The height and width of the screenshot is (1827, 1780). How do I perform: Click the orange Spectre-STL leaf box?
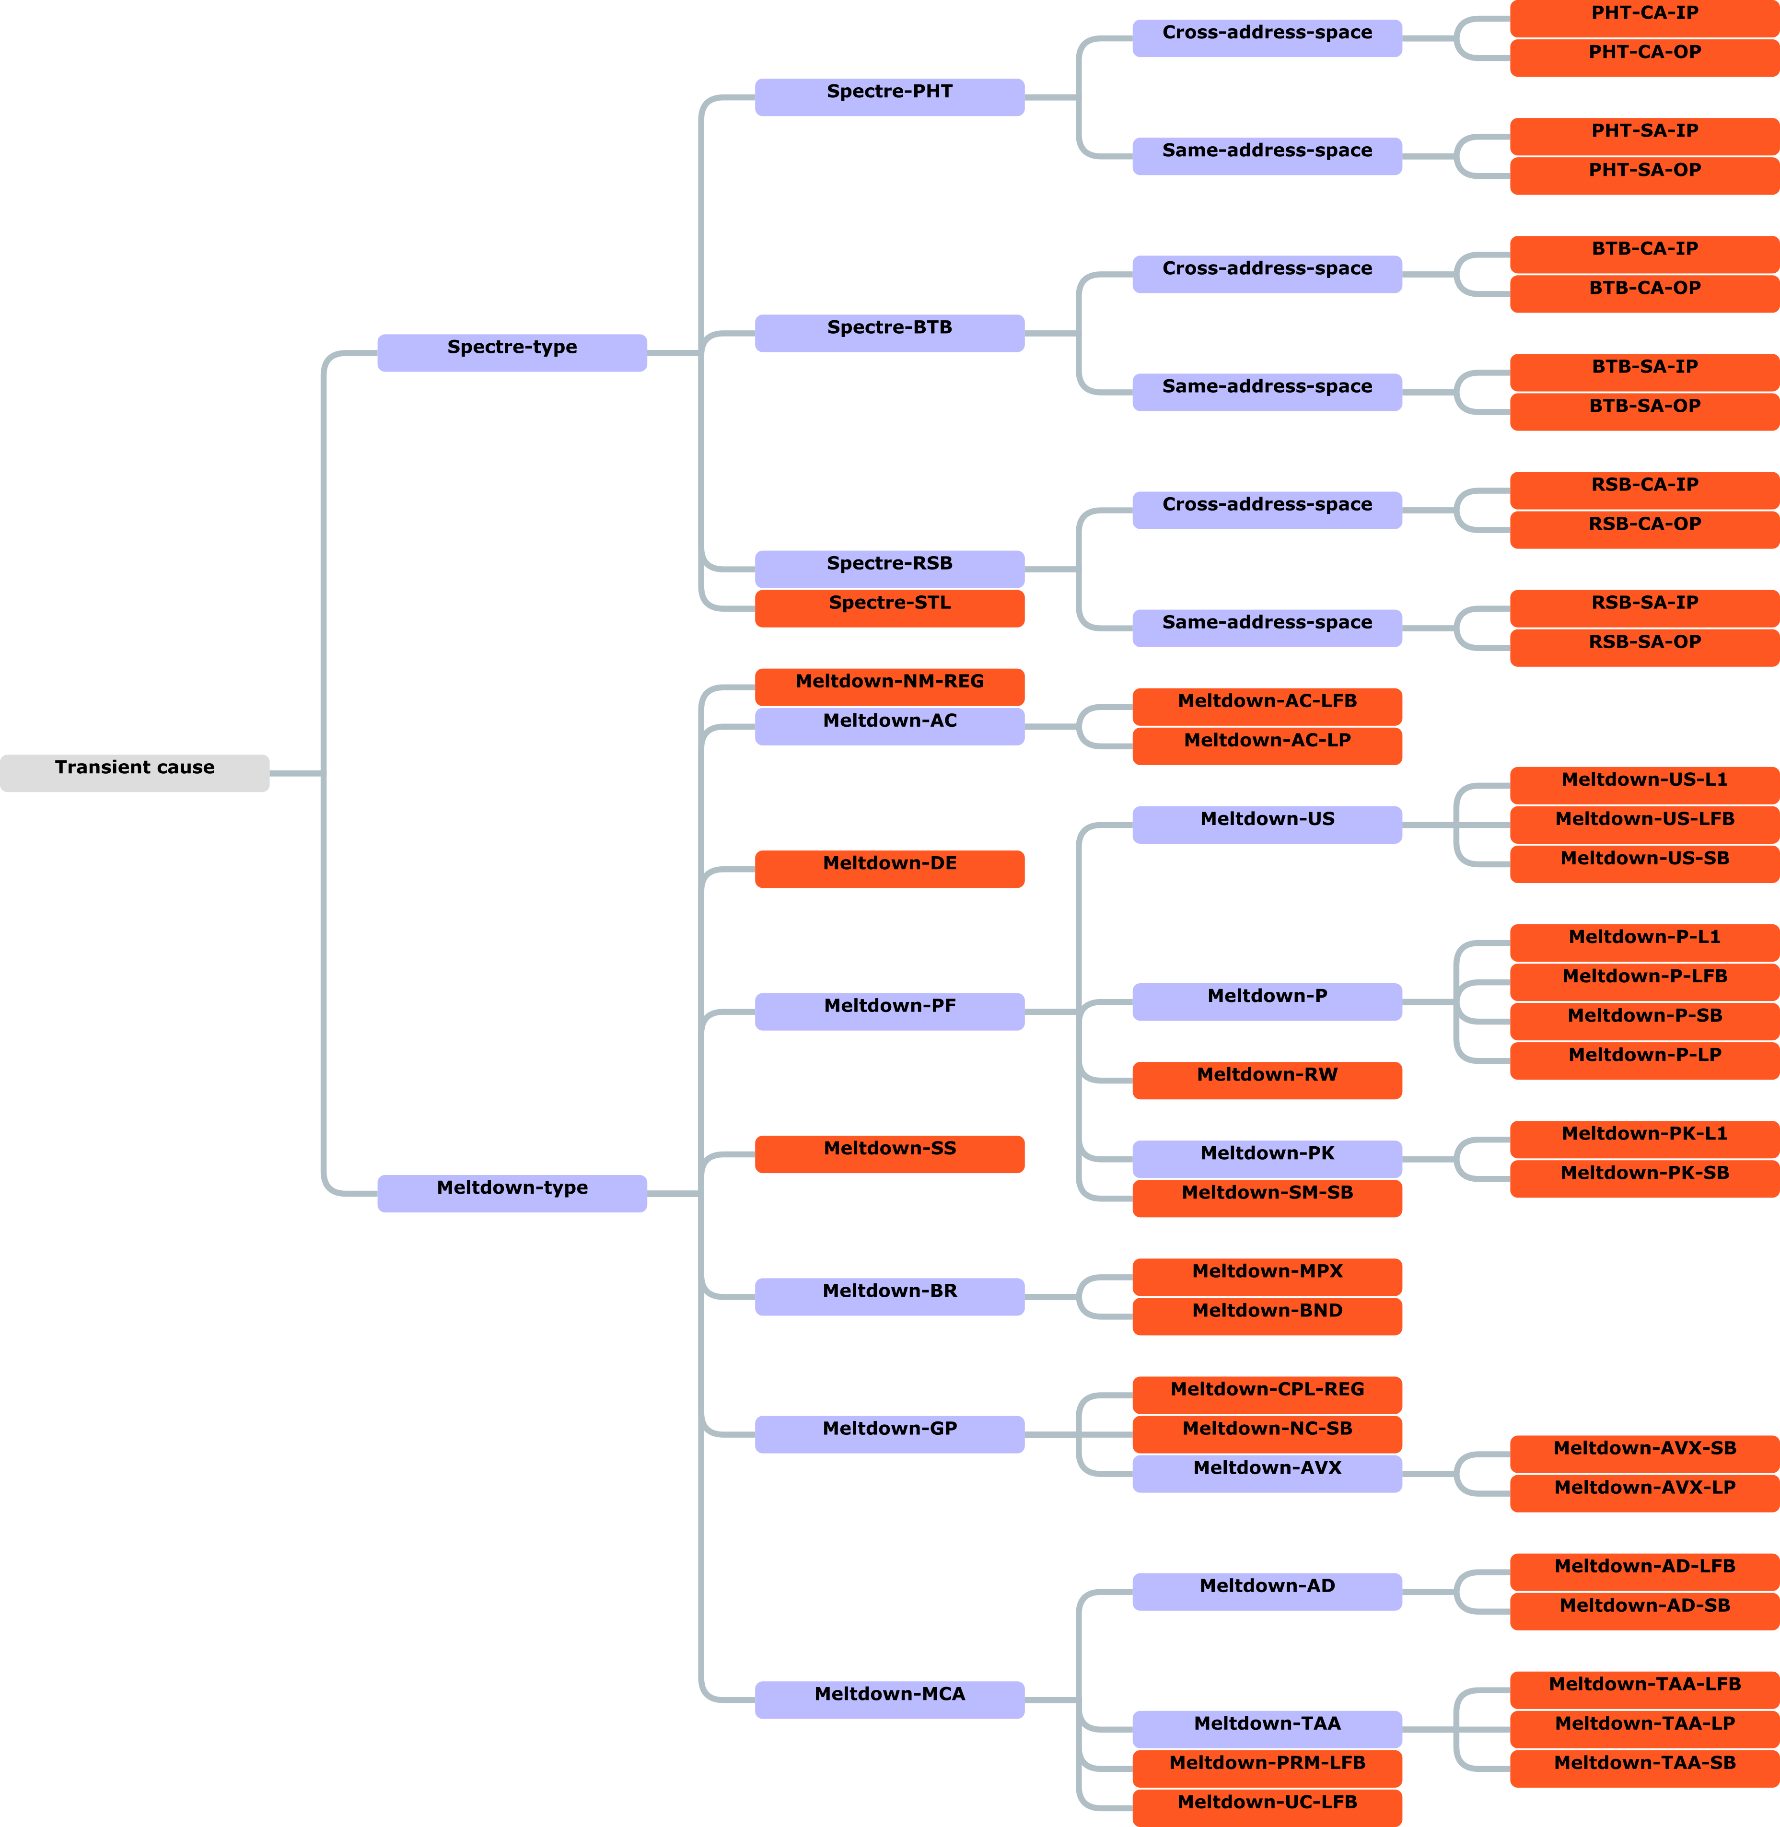pyautogui.click(x=889, y=608)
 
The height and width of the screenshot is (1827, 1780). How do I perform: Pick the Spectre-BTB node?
pyautogui.click(x=889, y=333)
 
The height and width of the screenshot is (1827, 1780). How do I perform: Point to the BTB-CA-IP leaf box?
pyautogui.click(x=1644, y=254)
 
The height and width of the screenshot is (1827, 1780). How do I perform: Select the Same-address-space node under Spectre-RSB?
pyautogui.click(x=1267, y=628)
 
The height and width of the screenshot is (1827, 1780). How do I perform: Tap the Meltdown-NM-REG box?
pyautogui.click(x=889, y=687)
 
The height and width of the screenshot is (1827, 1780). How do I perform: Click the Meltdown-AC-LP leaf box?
pyautogui.click(x=1267, y=745)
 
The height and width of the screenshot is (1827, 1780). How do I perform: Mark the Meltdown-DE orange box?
pyautogui.click(x=889, y=869)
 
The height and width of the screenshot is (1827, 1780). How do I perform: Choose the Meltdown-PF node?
pyautogui.click(x=889, y=1011)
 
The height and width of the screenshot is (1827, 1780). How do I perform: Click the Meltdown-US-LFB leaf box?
pyautogui.click(x=1644, y=824)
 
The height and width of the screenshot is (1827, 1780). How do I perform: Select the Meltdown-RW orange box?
pyautogui.click(x=1267, y=1080)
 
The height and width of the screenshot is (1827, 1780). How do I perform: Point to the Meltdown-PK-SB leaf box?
pyautogui.click(x=1644, y=1178)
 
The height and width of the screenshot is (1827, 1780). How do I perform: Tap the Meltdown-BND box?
pyautogui.click(x=1267, y=1315)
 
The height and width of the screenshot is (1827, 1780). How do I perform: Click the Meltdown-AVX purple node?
pyautogui.click(x=1267, y=1473)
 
